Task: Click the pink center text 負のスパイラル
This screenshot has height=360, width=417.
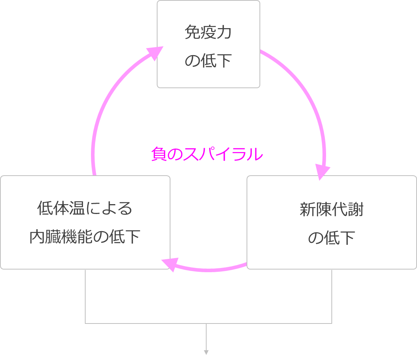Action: click(207, 155)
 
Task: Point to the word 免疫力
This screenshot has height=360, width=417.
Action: click(208, 33)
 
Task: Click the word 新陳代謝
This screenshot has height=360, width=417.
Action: click(331, 210)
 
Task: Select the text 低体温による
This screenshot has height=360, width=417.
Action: click(85, 208)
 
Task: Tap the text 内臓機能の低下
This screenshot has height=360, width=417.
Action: click(85, 237)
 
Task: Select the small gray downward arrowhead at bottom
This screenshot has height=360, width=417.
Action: click(206, 352)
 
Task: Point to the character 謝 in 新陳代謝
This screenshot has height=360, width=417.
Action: click(356, 210)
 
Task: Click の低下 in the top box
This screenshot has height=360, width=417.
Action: click(208, 61)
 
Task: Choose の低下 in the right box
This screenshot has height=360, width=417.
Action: click(331, 238)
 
